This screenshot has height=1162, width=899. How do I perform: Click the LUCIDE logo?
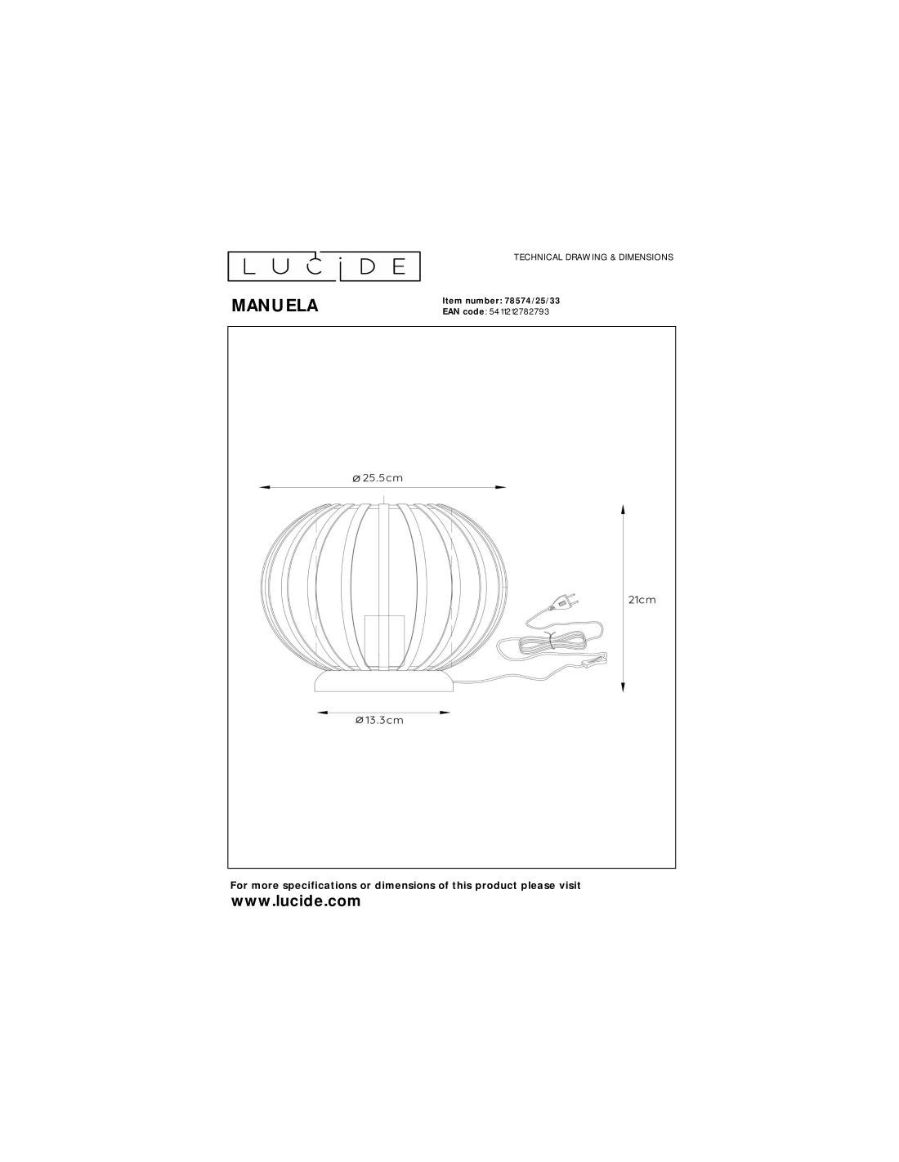[x=324, y=266]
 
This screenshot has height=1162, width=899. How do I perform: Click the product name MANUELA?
[x=275, y=306]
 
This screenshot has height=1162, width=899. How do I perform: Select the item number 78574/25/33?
[x=529, y=301]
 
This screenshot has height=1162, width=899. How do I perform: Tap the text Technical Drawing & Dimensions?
[x=593, y=257]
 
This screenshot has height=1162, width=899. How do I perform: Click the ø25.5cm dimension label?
[x=378, y=478]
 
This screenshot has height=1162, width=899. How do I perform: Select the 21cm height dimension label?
[x=642, y=600]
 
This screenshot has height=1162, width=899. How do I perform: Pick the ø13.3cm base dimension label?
[x=380, y=720]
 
